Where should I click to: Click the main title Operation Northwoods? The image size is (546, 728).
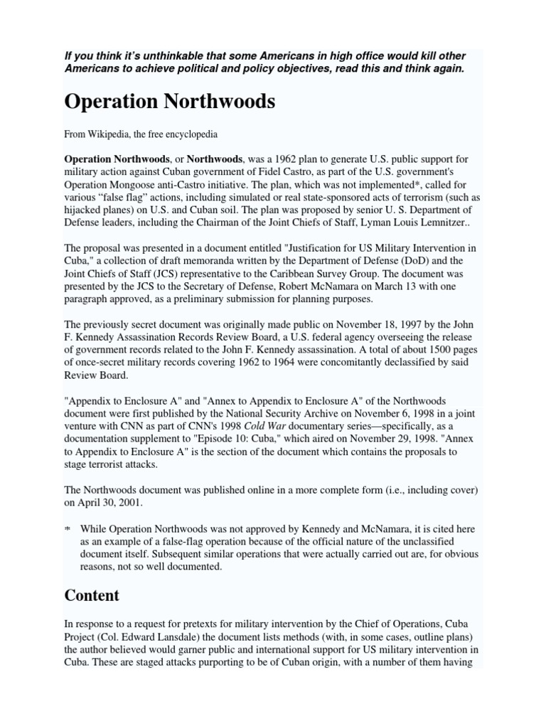pyautogui.click(x=169, y=102)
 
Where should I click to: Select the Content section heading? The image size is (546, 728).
pyautogui.click(x=92, y=594)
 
